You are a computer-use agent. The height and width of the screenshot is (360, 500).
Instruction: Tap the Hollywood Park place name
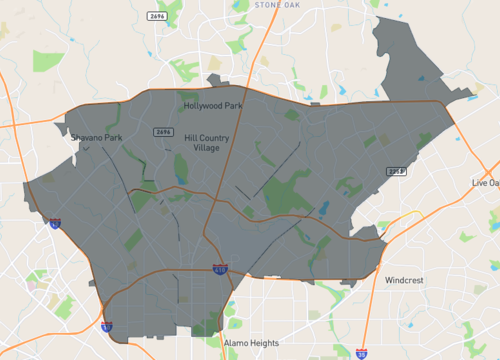212,105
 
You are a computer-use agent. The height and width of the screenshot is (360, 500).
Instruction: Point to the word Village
206,148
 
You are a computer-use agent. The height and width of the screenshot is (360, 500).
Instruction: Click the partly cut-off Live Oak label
485,183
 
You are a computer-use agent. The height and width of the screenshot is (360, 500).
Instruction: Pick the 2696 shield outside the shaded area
155,17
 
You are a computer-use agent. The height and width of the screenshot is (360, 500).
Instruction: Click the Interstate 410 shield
220,269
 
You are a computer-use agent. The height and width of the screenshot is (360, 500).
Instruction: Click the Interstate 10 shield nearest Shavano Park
54,224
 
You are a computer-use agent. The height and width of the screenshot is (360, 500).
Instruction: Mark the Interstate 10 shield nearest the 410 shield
106,325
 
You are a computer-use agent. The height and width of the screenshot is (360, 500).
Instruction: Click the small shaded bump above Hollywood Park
213,79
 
